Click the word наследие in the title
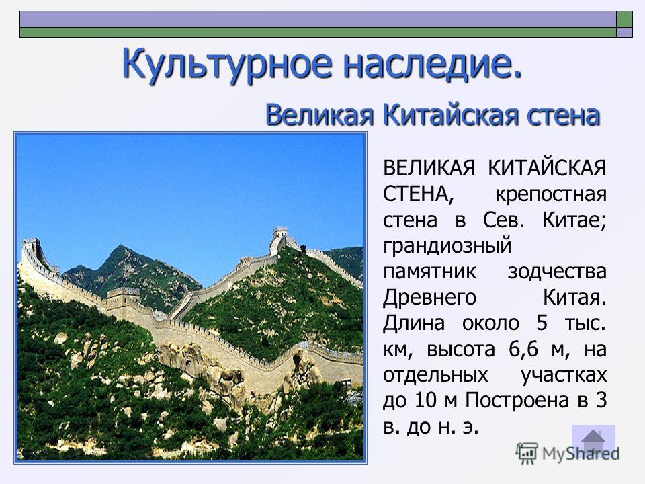click(427, 64)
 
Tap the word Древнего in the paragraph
click(429, 298)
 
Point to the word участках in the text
click(564, 375)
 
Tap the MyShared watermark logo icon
click(527, 454)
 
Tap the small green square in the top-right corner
click(624, 19)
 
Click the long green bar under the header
click(318, 32)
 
